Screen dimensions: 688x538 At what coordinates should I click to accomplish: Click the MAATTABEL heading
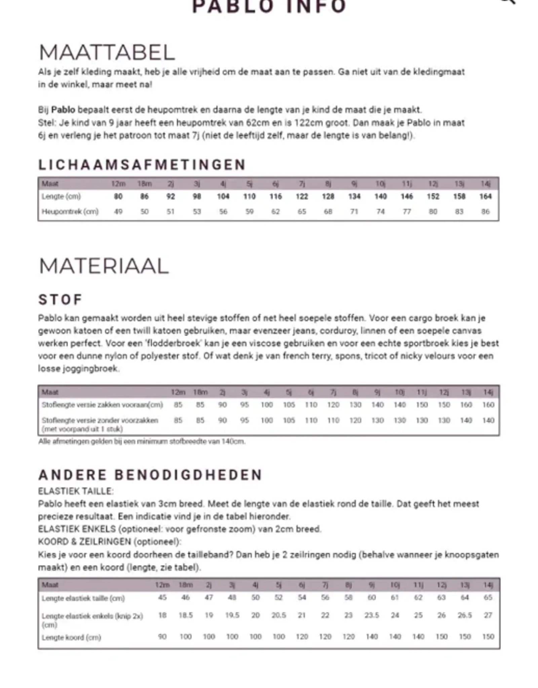pyautogui.click(x=107, y=52)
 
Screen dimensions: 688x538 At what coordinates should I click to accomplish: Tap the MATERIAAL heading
pyautogui.click(x=104, y=266)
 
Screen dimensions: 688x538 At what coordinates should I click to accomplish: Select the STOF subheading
pyautogui.click(x=61, y=300)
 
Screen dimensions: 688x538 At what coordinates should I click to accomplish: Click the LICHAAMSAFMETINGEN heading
pyautogui.click(x=142, y=165)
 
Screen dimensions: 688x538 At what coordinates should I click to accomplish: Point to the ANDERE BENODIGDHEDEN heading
pyautogui.click(x=150, y=475)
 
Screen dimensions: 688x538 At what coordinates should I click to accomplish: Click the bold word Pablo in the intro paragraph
pyautogui.click(x=63, y=110)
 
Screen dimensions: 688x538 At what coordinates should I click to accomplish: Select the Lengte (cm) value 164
pyautogui.click(x=485, y=197)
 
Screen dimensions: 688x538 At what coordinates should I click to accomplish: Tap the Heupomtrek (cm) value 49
pyautogui.click(x=118, y=212)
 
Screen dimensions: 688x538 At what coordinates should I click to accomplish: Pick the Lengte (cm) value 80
pyautogui.click(x=118, y=197)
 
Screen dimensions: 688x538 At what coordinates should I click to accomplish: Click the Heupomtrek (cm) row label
pyautogui.click(x=70, y=212)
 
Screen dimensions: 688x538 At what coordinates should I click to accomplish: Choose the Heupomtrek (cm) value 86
pyautogui.click(x=485, y=212)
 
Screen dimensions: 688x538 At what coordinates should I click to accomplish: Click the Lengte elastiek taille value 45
pyautogui.click(x=162, y=598)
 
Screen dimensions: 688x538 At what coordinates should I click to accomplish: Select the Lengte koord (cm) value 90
pyautogui.click(x=162, y=637)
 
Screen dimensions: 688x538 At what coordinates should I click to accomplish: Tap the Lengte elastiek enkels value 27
pyautogui.click(x=488, y=615)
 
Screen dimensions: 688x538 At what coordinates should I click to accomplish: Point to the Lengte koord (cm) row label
pyautogui.click(x=71, y=637)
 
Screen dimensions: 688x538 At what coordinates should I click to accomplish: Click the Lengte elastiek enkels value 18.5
pyautogui.click(x=186, y=615)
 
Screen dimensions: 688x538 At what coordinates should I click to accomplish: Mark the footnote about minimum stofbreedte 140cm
pyautogui.click(x=142, y=441)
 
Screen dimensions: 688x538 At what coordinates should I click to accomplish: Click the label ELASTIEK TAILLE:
pyautogui.click(x=76, y=491)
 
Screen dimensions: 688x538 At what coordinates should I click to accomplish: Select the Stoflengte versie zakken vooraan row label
pyautogui.click(x=102, y=405)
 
